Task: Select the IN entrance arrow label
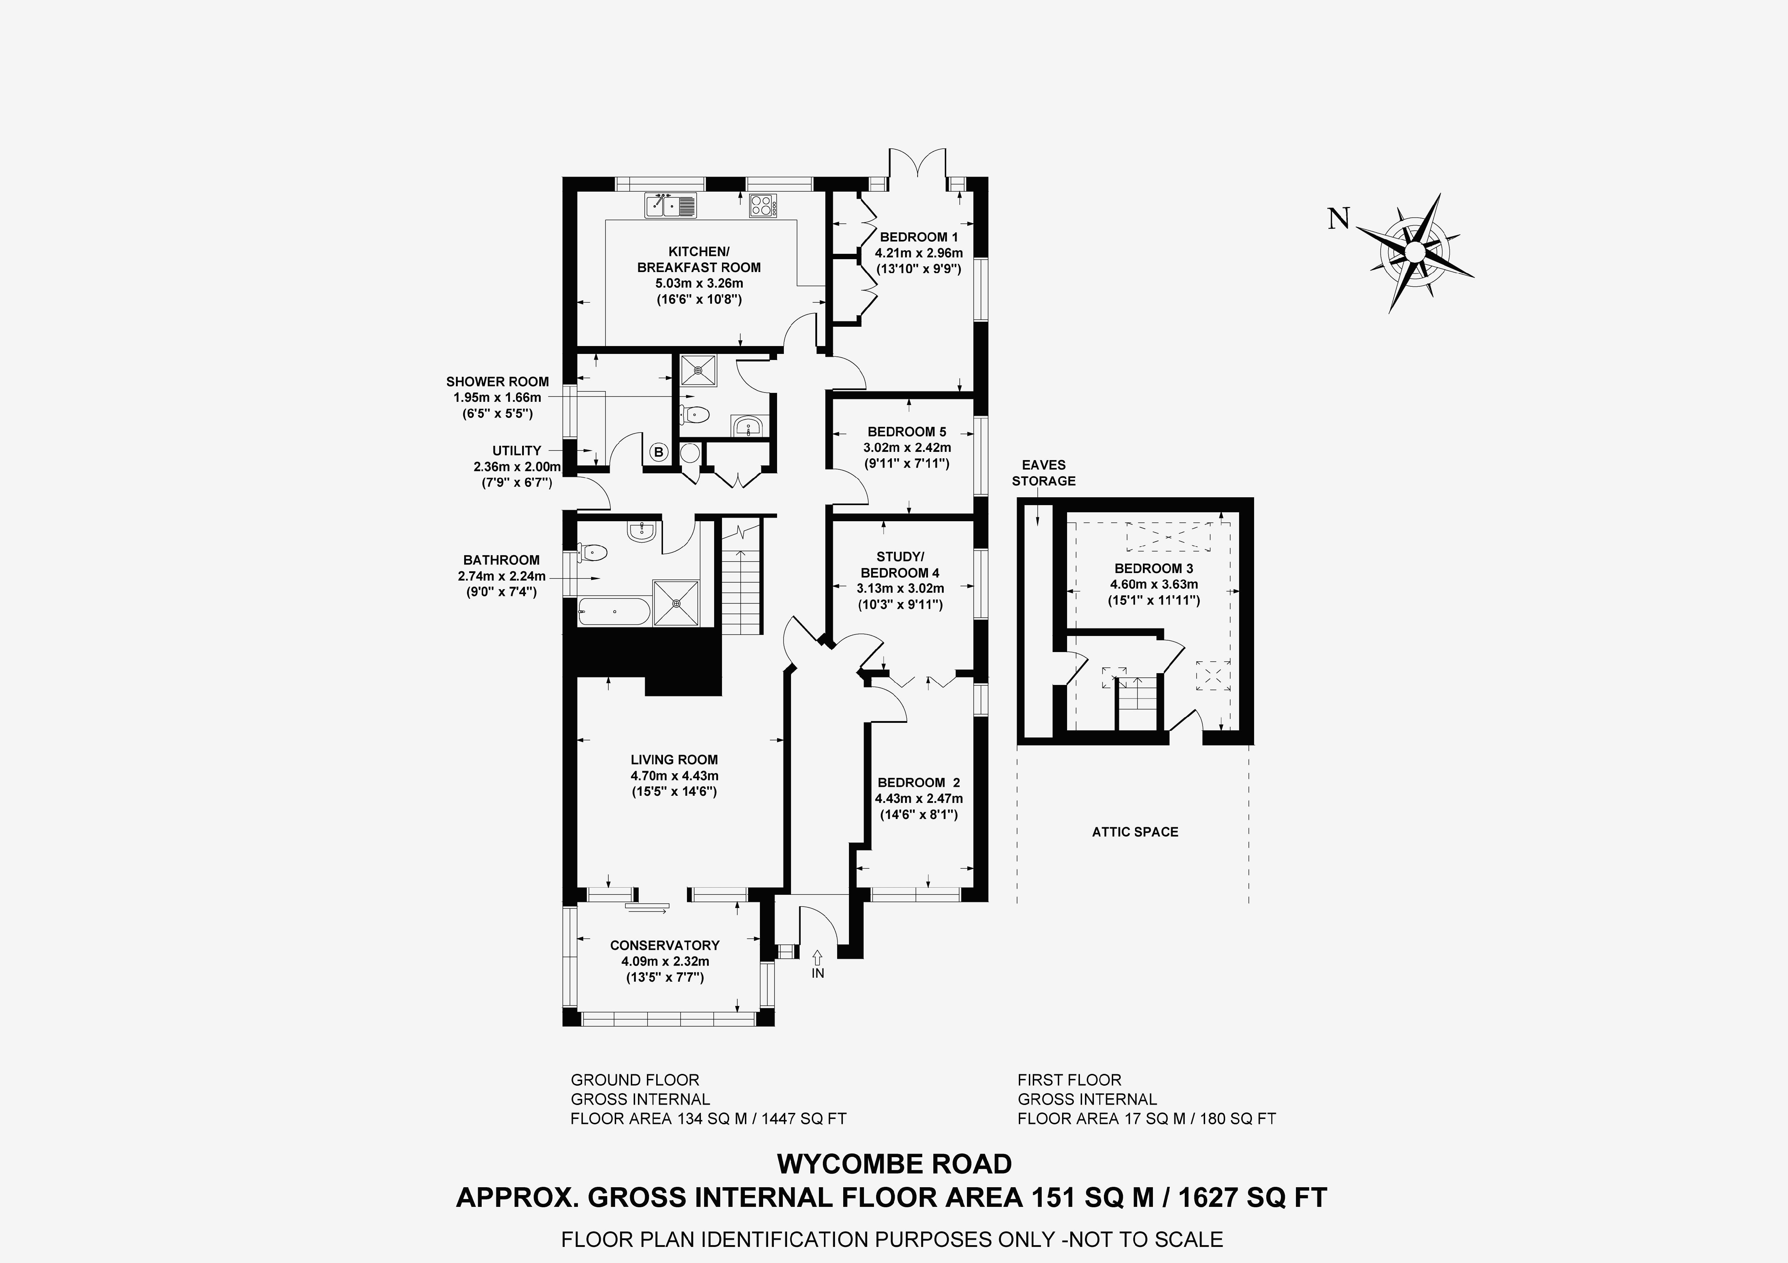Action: [x=818, y=973]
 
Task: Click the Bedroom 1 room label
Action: [x=918, y=237]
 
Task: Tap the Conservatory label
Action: [x=664, y=944]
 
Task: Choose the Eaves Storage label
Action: [x=1043, y=473]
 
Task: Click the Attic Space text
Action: [x=1135, y=832]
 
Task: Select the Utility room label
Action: [x=516, y=450]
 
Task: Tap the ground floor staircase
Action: [x=738, y=576]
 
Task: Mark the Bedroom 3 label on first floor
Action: [x=1153, y=568]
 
